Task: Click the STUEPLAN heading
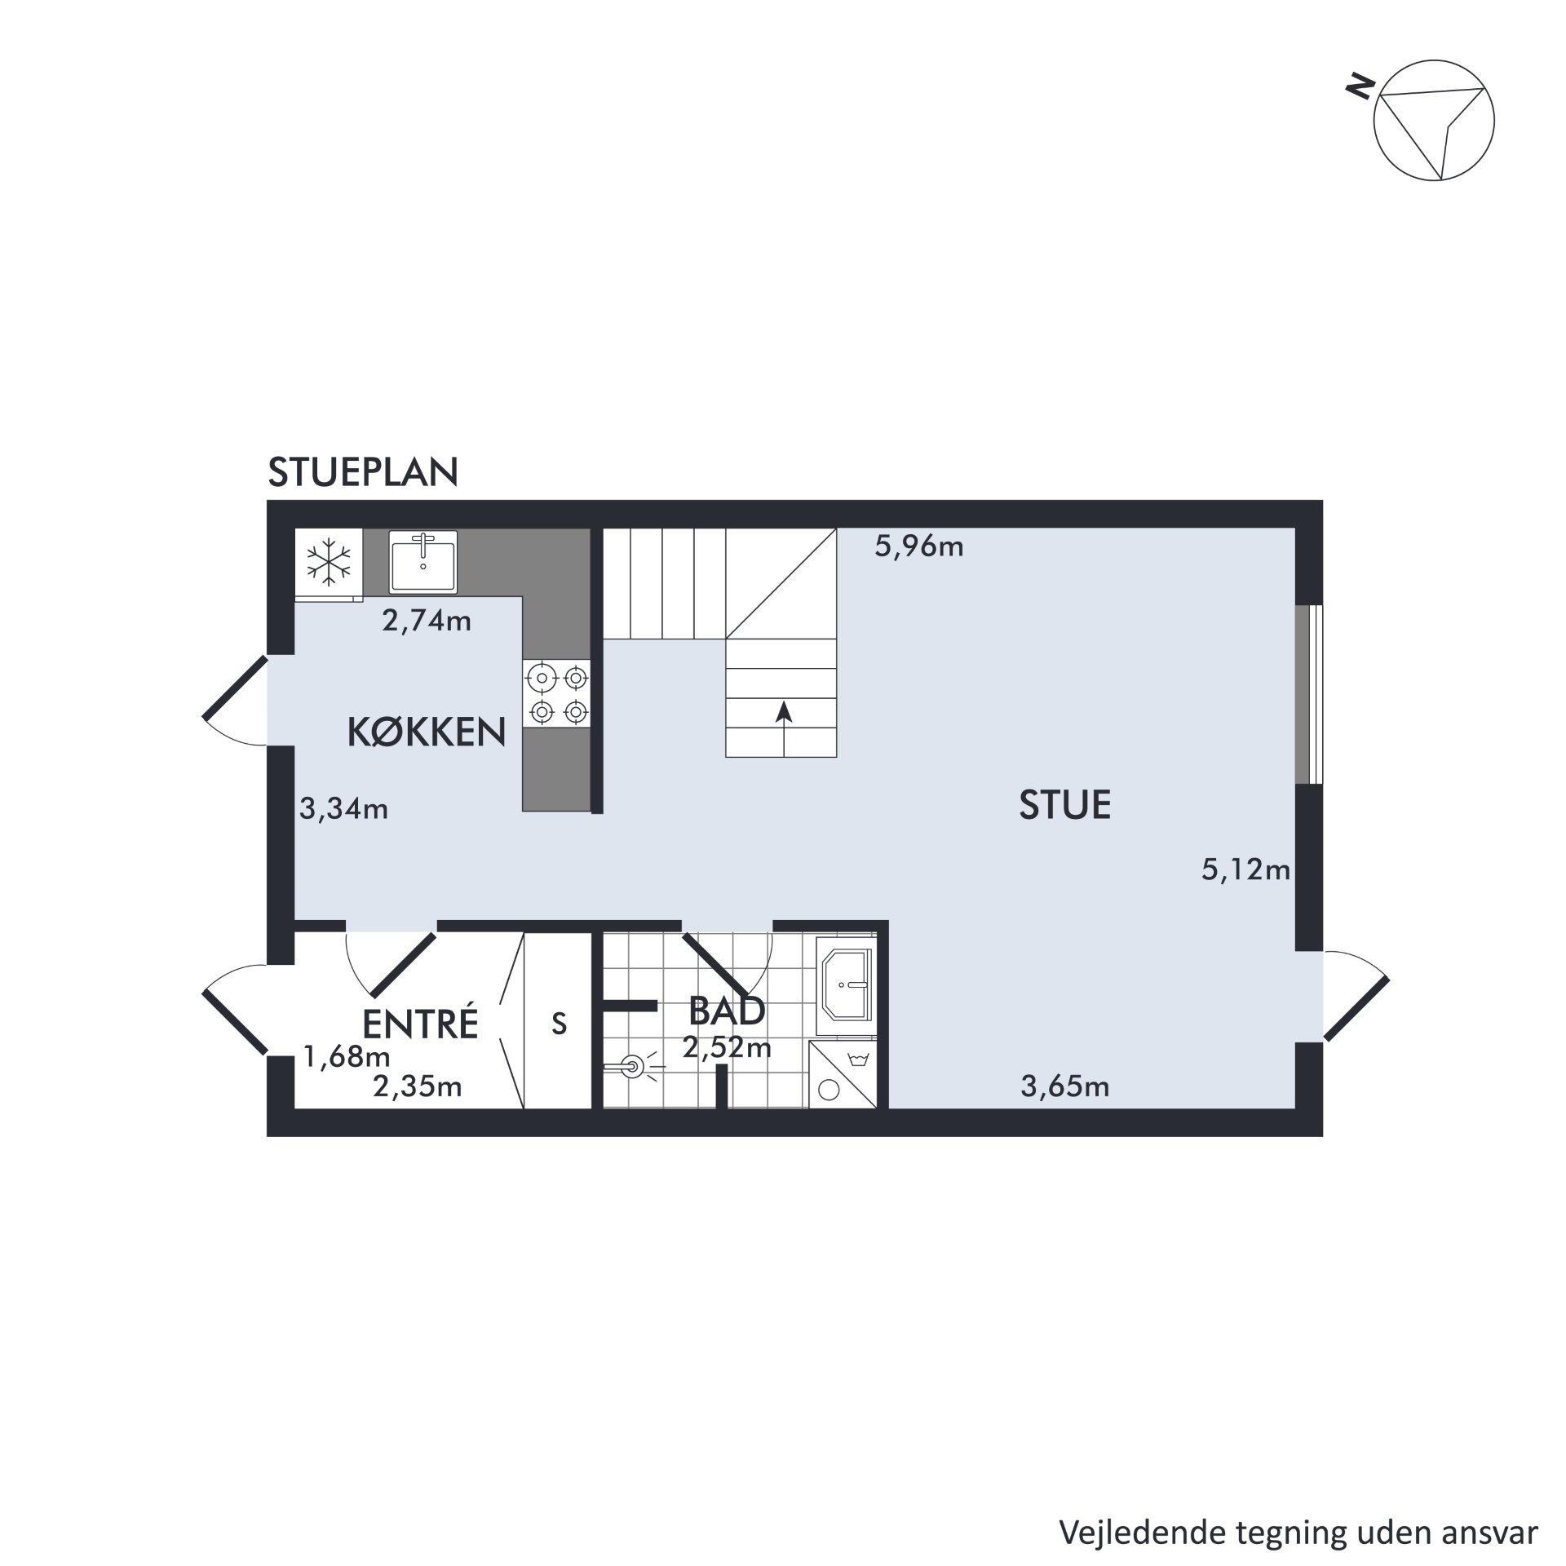[363, 472]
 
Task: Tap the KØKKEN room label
[427, 732]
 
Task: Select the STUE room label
[1064, 805]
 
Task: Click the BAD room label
[727, 1011]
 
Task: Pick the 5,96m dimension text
[919, 546]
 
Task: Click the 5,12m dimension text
[1245, 870]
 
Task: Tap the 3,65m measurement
[1065, 1086]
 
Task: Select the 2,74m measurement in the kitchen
[427, 621]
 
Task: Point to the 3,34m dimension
[343, 808]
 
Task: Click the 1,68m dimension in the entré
[347, 1057]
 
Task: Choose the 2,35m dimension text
[418, 1086]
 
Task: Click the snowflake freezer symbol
[328, 561]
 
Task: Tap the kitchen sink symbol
[423, 560]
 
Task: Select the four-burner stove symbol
[556, 694]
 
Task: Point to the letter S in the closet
[559, 1023]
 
